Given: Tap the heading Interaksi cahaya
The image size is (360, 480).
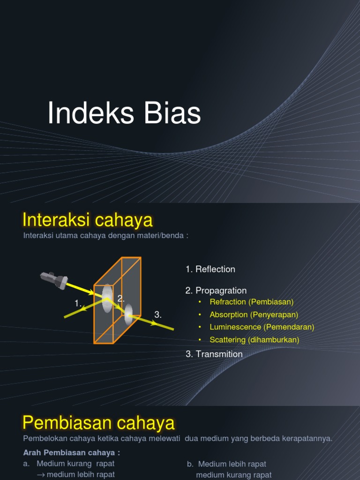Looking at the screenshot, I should (88, 220).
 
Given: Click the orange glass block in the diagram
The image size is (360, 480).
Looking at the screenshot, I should (117, 300).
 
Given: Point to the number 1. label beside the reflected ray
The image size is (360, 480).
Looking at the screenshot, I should (78, 304).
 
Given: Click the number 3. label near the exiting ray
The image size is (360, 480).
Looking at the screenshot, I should (158, 315).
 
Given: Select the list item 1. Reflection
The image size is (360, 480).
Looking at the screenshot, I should (210, 269).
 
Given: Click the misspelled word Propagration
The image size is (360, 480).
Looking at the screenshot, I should (221, 291).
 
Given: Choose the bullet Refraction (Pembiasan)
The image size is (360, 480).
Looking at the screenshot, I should (251, 302).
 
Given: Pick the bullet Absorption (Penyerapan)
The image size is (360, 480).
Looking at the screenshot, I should (254, 315).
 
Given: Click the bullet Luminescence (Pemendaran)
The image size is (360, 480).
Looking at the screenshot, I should (262, 327).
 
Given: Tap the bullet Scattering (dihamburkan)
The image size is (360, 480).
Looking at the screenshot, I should (254, 339).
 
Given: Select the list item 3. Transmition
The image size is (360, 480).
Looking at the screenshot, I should (214, 354).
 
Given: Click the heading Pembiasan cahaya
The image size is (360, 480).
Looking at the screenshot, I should (98, 423).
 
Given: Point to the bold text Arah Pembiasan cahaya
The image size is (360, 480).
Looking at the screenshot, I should (71, 452).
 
